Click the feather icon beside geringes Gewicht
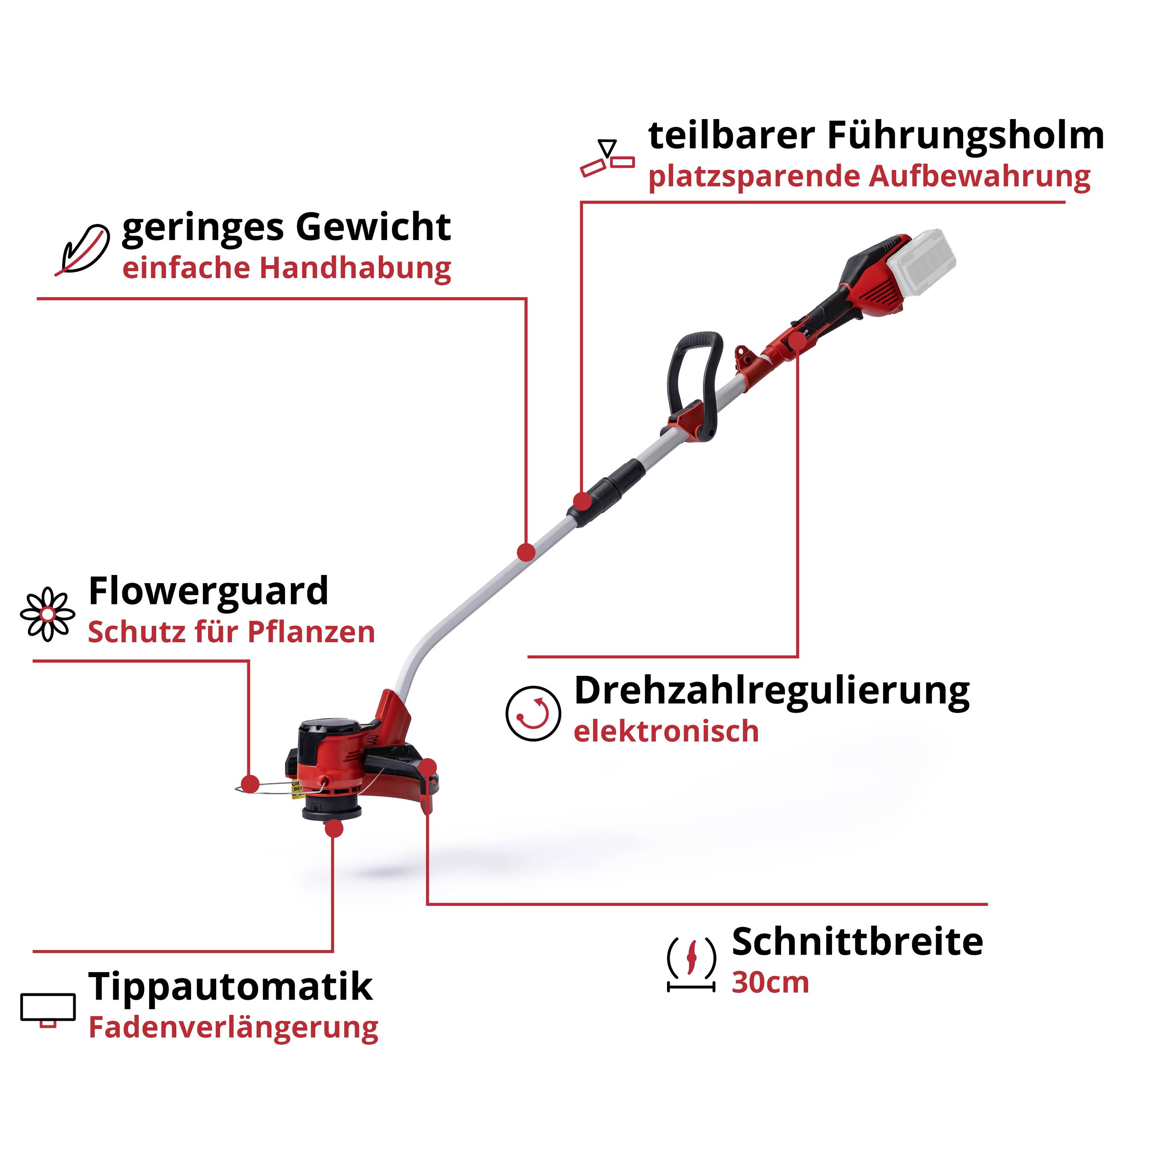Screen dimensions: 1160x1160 click(82, 249)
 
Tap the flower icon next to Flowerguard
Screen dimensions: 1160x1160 click(48, 614)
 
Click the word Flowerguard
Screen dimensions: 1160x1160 click(208, 592)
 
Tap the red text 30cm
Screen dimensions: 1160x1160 click(770, 983)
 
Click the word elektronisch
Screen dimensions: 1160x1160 click(666, 731)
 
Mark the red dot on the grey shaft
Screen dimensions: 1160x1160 click(526, 552)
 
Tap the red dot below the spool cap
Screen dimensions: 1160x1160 click(333, 829)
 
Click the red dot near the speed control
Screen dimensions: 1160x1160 click(797, 341)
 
